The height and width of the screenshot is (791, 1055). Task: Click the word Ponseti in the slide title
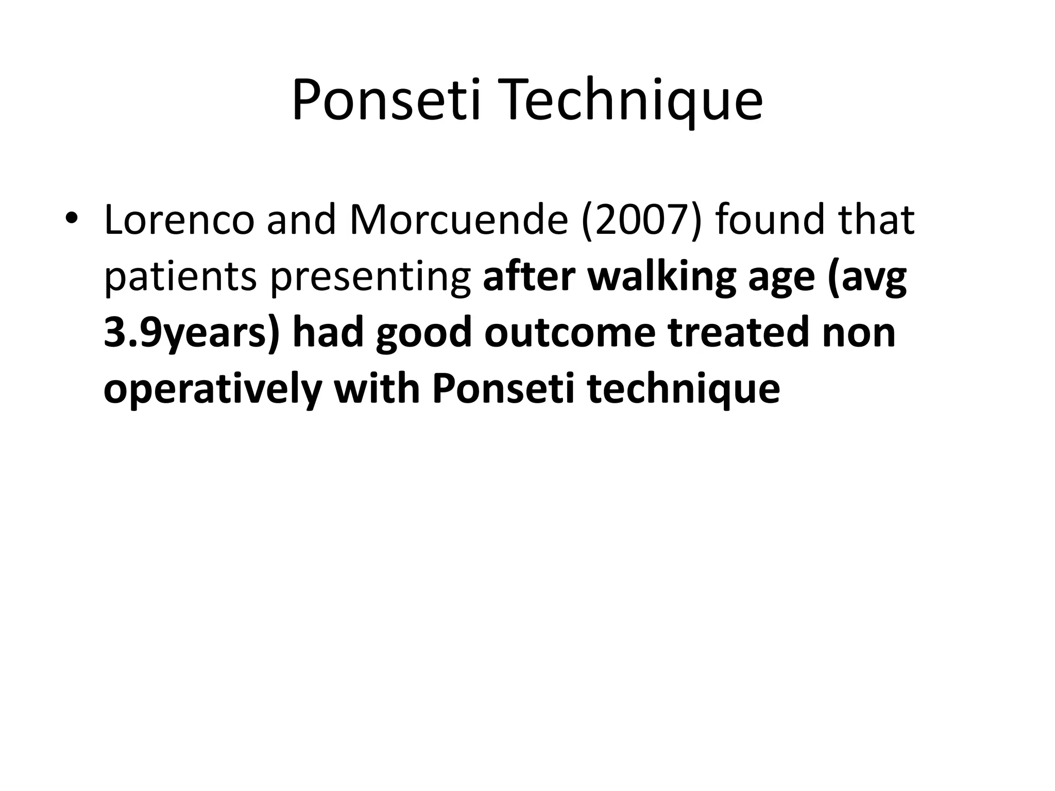pos(387,100)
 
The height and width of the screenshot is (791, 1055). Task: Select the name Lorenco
pos(179,220)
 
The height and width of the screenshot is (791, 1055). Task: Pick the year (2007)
pos(641,220)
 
